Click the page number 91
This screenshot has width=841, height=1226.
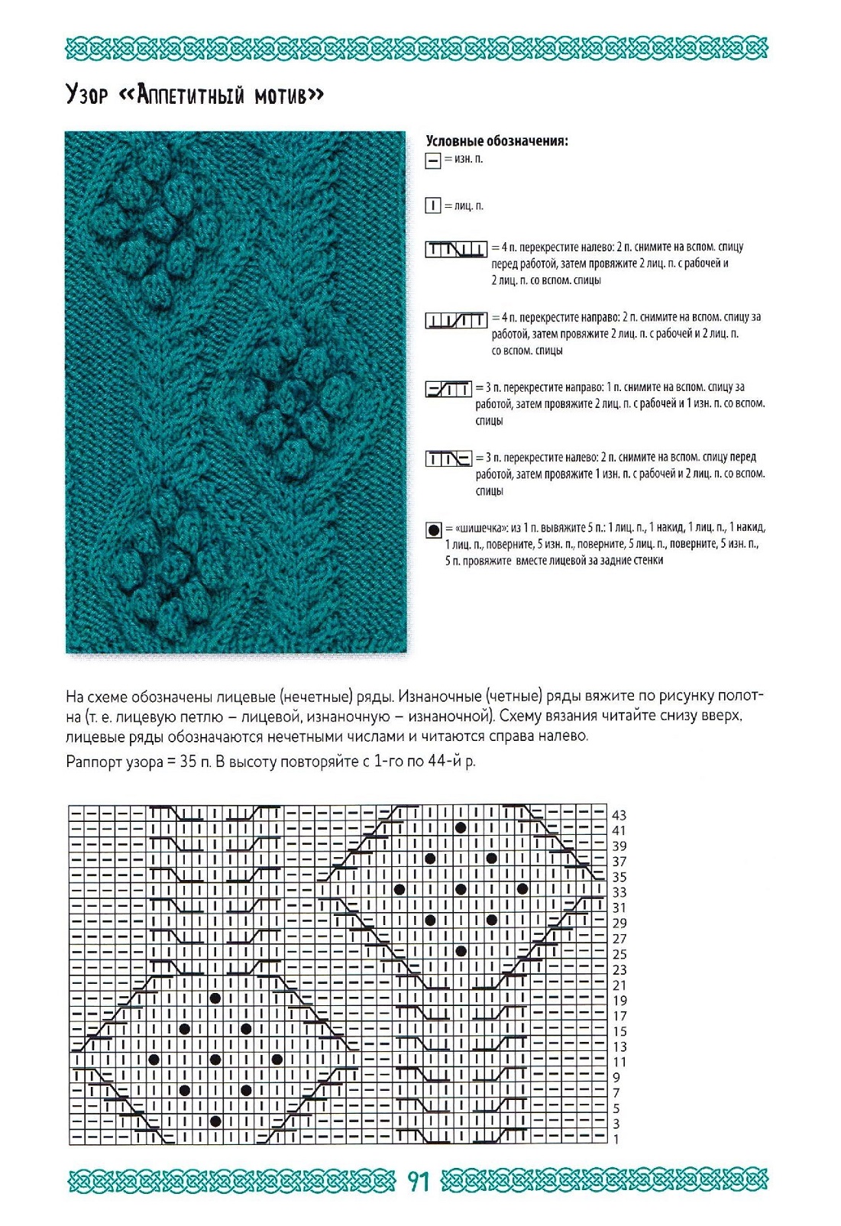[x=419, y=1181]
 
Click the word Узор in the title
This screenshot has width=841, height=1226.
[x=86, y=95]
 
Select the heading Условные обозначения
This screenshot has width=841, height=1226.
[x=497, y=141]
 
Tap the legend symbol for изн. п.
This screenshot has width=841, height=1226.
[x=433, y=160]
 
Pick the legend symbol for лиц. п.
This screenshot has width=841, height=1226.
[x=433, y=206]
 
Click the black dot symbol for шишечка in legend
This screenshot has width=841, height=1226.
[x=434, y=529]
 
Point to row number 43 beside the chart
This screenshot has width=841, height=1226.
[x=619, y=815]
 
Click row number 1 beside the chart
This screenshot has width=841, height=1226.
[x=616, y=1139]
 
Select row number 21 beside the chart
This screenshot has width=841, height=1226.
[x=619, y=985]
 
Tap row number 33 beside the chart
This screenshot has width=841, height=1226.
[x=619, y=892]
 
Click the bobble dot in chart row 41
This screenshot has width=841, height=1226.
[x=461, y=828]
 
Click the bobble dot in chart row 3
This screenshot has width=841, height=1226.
[x=215, y=1121]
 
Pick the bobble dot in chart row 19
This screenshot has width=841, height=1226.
[x=215, y=998]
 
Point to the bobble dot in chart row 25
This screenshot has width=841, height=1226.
[x=461, y=951]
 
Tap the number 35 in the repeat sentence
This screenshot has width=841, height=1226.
[x=188, y=762]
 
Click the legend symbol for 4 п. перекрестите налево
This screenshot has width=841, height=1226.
[x=456, y=249]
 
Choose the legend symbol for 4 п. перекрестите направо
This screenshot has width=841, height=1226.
[x=456, y=320]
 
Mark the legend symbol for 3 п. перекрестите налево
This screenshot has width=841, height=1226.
[x=448, y=459]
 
